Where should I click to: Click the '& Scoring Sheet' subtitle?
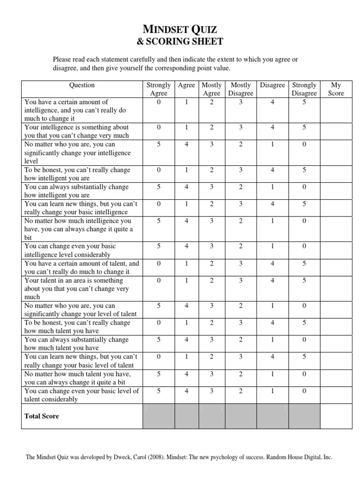pyautogui.click(x=180, y=42)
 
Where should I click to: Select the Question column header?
pyautogui.click(x=82, y=85)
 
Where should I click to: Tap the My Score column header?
pyautogui.click(x=336, y=89)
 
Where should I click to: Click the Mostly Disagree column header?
pyautogui.click(x=240, y=89)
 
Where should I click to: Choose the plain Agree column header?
pyautogui.click(x=187, y=85)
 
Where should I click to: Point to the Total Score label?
pyautogui.click(x=42, y=416)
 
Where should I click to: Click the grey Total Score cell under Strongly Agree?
pyautogui.click(x=158, y=416)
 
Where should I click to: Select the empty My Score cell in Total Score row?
pyautogui.click(x=336, y=416)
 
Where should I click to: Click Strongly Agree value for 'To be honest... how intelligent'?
pyautogui.click(x=158, y=170)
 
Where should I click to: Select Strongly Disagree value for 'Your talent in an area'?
pyautogui.click(x=304, y=280)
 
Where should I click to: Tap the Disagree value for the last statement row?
pyautogui.click(x=272, y=391)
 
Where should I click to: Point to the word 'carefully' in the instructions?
pyautogui.click(x=142, y=60)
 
